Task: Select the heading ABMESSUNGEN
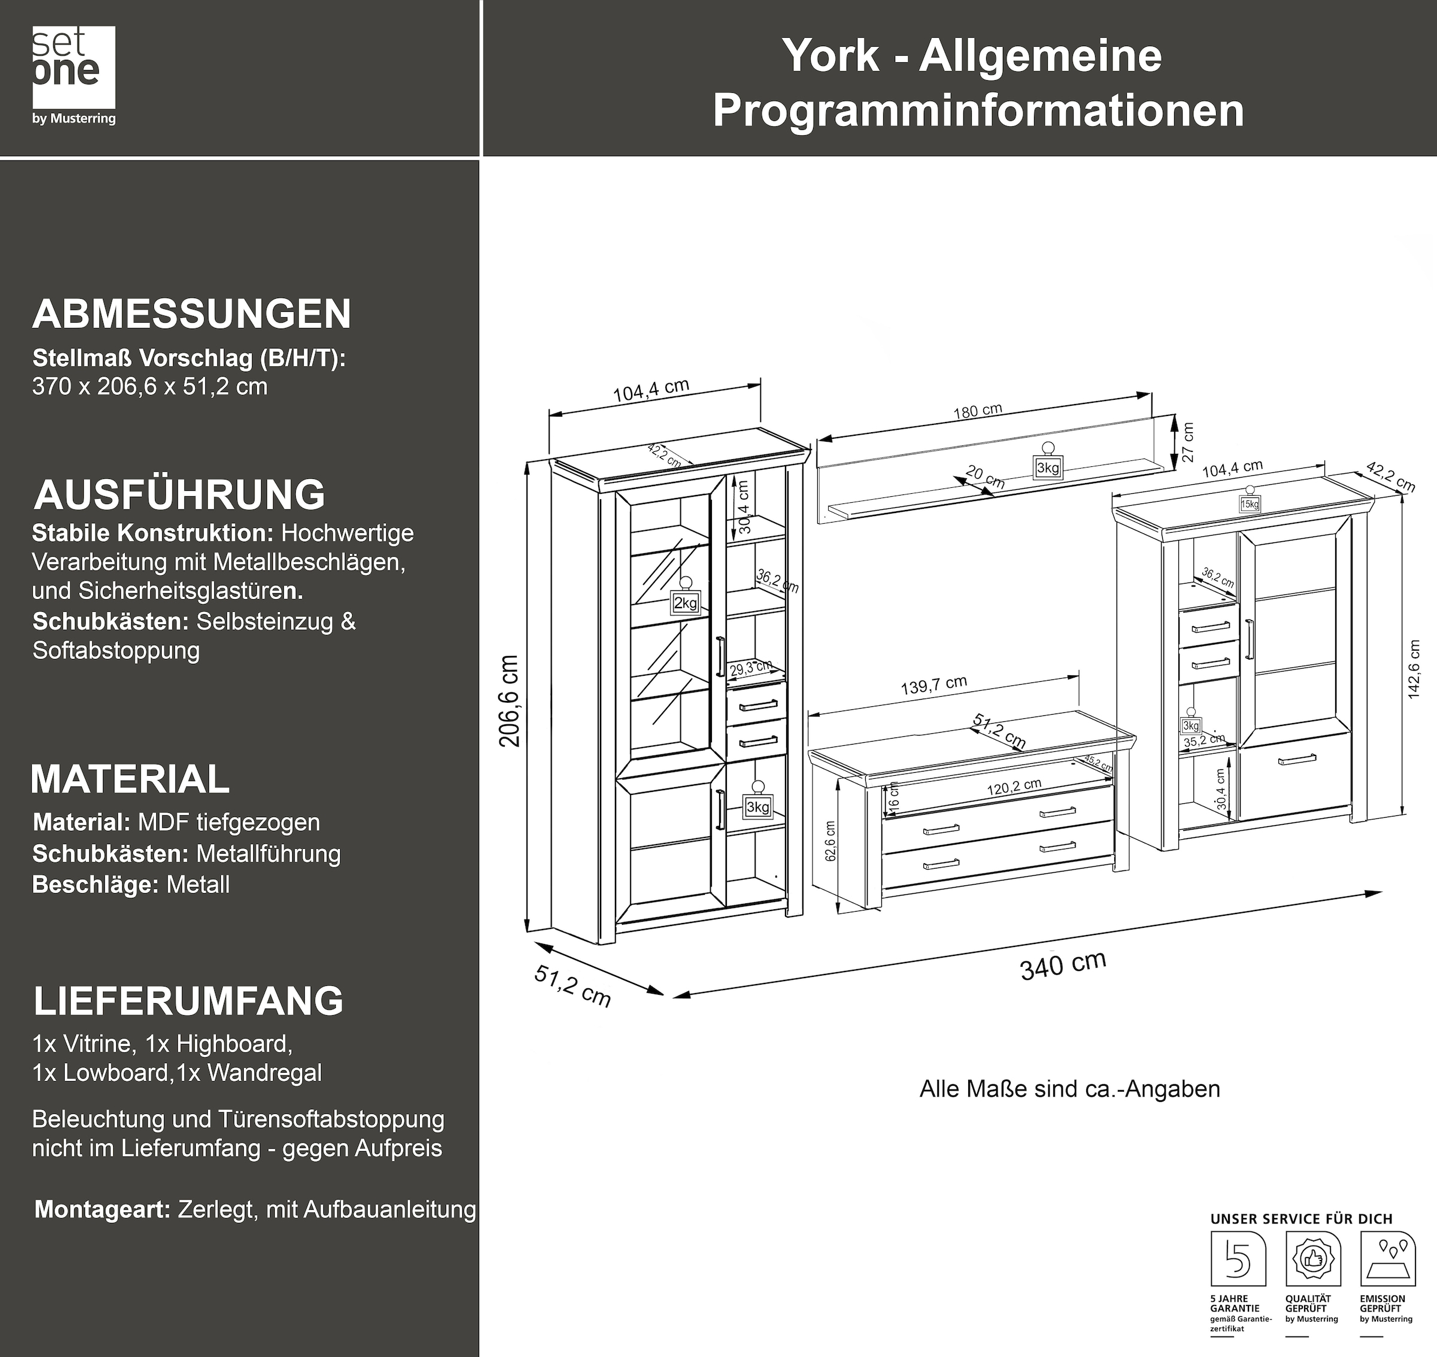coord(192,314)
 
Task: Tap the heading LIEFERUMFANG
coord(188,1000)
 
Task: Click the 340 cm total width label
coord(1062,966)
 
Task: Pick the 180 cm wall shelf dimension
coord(978,411)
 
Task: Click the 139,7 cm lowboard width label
coord(933,685)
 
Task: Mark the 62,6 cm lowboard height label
coord(830,840)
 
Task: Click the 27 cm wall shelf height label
coord(1187,443)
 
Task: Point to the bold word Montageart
coord(102,1209)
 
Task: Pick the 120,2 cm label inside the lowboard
coord(1014,787)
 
